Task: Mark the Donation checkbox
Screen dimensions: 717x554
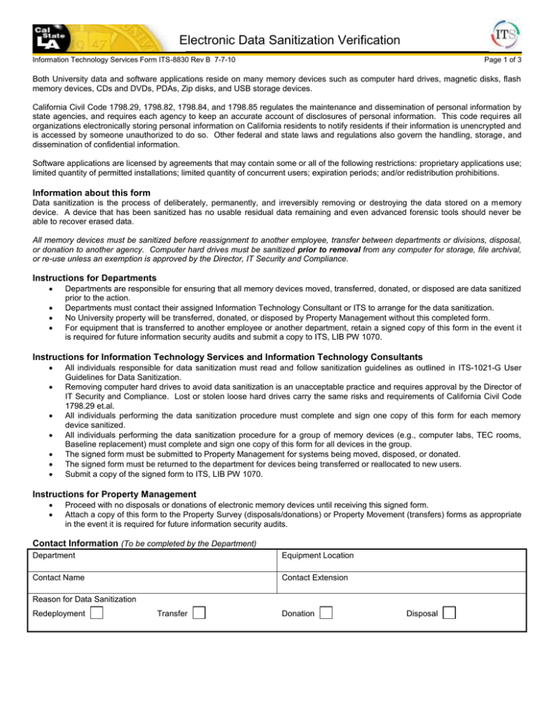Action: pyautogui.click(x=326, y=612)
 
